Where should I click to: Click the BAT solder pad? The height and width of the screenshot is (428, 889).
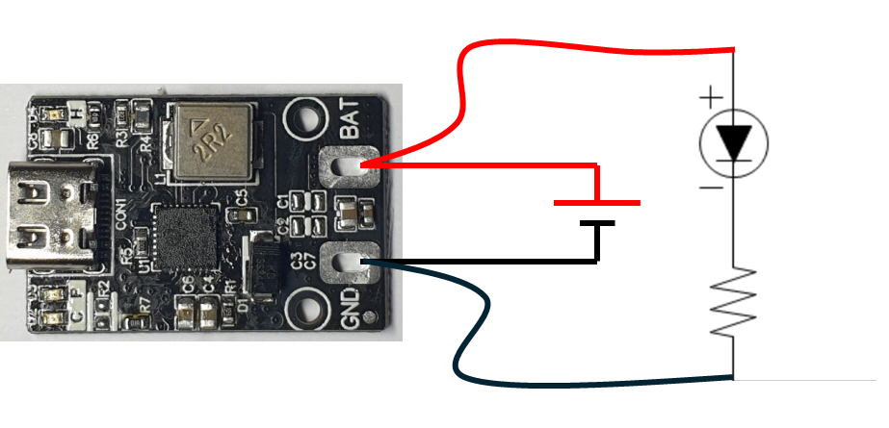pos(347,167)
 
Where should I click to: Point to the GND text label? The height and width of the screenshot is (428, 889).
pos(353,310)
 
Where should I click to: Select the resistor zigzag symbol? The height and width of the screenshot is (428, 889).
pos(734,302)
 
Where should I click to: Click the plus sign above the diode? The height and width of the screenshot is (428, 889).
pos(710,97)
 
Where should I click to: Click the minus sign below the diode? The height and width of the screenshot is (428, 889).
pos(710,187)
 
